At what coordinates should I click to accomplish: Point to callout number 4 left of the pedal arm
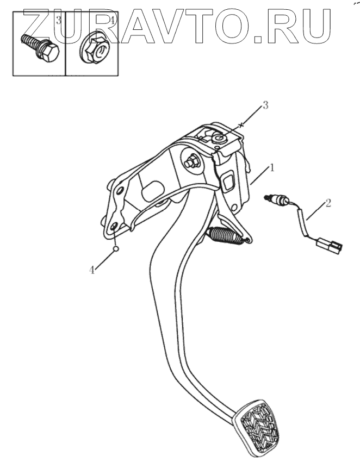(x=92, y=269)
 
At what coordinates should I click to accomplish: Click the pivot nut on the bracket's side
(x=192, y=162)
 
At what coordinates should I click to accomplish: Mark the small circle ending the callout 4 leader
(x=116, y=249)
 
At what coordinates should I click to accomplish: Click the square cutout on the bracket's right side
(x=227, y=180)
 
